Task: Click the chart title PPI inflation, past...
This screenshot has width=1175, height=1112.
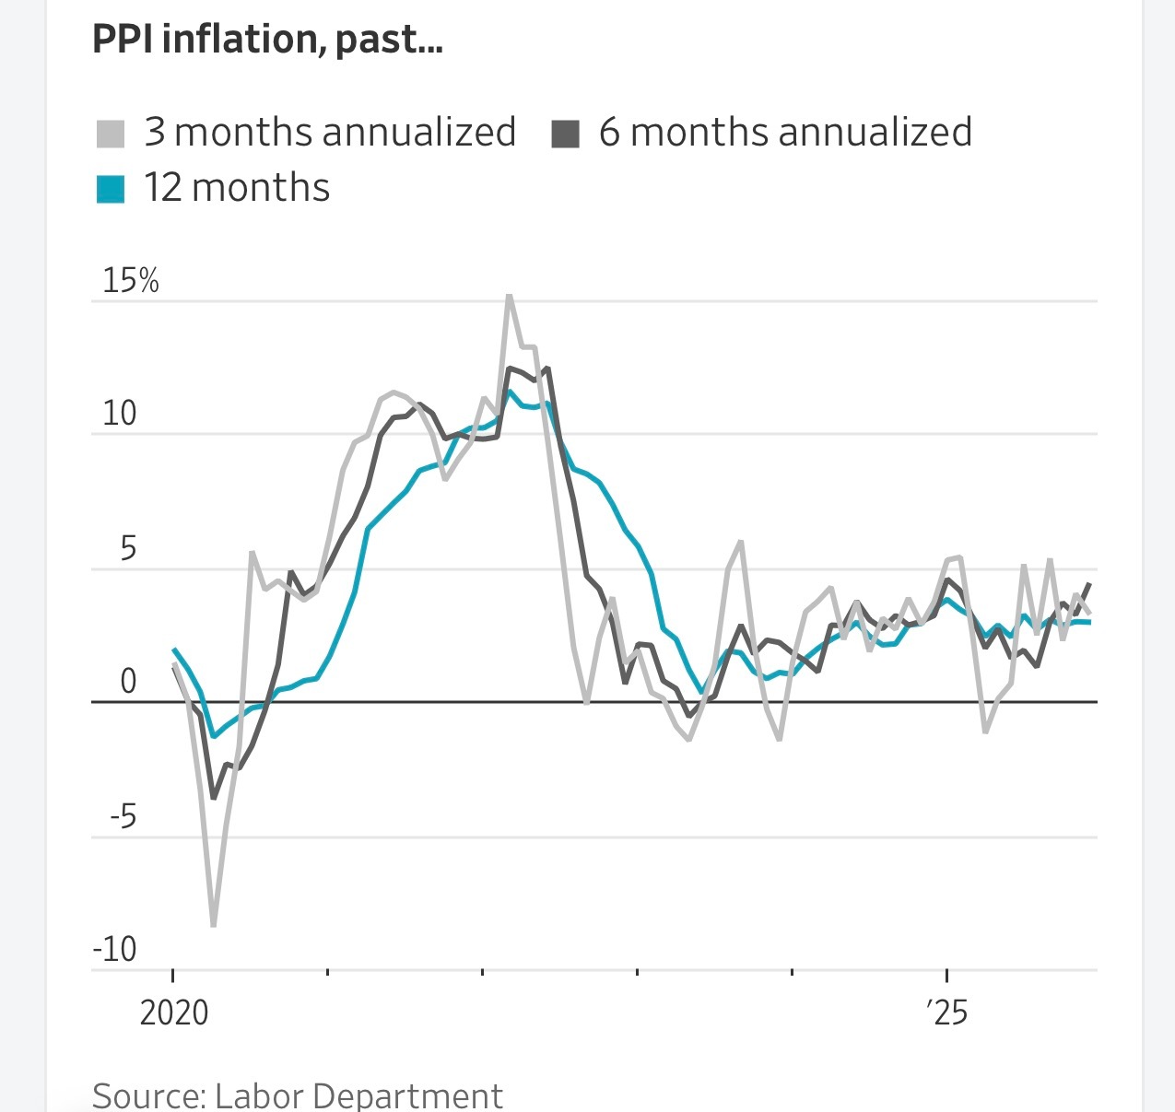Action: [267, 40]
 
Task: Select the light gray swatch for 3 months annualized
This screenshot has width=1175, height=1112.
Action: [111, 134]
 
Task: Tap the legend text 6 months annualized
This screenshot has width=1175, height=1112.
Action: [785, 132]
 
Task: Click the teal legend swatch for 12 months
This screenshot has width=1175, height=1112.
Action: [111, 189]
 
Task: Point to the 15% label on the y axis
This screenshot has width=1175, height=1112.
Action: [131, 280]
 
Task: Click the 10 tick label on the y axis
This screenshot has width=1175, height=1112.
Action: [119, 414]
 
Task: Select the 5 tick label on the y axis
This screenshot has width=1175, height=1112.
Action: [128, 548]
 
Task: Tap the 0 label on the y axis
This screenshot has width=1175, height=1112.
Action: [128, 682]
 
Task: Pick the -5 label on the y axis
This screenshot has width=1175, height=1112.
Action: [123, 816]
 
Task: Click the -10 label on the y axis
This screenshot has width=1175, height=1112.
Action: [115, 949]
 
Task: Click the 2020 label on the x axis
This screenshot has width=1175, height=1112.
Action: [174, 1013]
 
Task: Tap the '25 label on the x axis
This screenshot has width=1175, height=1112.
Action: [947, 1013]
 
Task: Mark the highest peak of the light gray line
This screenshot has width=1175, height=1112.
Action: [510, 297]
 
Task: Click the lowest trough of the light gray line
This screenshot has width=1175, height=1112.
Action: [214, 924]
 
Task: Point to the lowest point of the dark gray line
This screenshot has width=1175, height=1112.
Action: [214, 797]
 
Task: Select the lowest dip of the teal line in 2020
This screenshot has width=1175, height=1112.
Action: [214, 736]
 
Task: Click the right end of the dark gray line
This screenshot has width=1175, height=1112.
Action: [1090, 583]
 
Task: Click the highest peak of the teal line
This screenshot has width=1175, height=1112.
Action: [511, 392]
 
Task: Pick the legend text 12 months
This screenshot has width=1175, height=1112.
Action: [237, 188]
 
